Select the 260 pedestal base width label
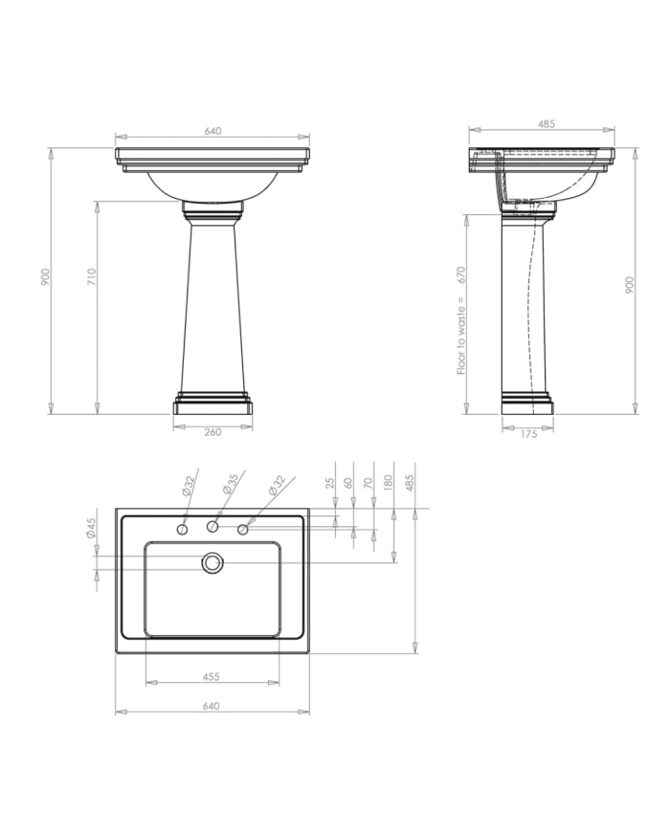coord(212,432)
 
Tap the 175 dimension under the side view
coord(528,435)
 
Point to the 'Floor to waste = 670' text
coord(461,320)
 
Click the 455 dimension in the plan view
coord(212,676)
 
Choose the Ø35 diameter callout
coord(231,485)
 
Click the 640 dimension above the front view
coord(212,132)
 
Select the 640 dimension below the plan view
coord(212,706)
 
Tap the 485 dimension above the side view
coord(547,124)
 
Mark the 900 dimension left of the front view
coord(45,277)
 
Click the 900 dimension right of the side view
coord(629,285)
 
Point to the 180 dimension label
coord(390,483)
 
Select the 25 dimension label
coord(330,483)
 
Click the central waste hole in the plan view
coord(212,563)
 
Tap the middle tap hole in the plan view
coord(213,527)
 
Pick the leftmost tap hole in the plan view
coord(183,529)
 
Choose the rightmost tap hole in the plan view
coord(243,529)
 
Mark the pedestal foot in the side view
coord(527,404)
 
